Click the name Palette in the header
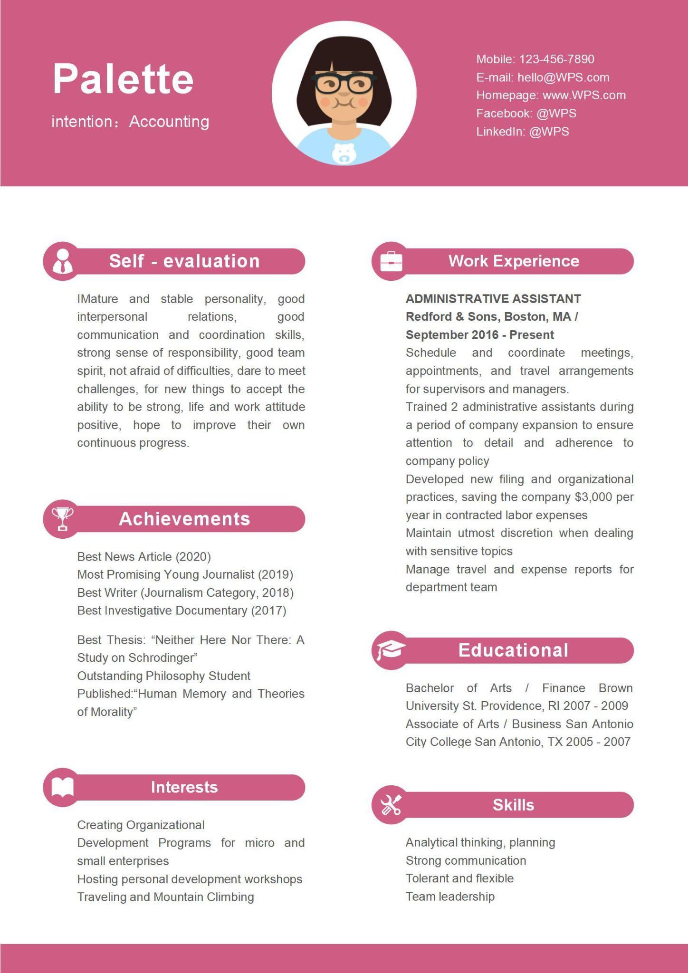coord(123,79)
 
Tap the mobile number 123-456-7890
coord(556,59)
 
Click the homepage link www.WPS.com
coord(584,95)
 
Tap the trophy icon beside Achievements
coord(62,518)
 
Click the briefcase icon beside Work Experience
coord(391,261)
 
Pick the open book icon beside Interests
coord(62,787)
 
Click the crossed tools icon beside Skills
coord(391,805)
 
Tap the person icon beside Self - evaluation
coord(62,261)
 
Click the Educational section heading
coord(513,650)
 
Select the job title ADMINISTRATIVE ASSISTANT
coord(493,299)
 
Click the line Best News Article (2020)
coord(144,557)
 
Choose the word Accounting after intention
coord(169,122)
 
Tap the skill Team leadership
coord(450,897)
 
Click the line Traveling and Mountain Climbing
coord(165,897)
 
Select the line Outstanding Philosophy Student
coord(163,676)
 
